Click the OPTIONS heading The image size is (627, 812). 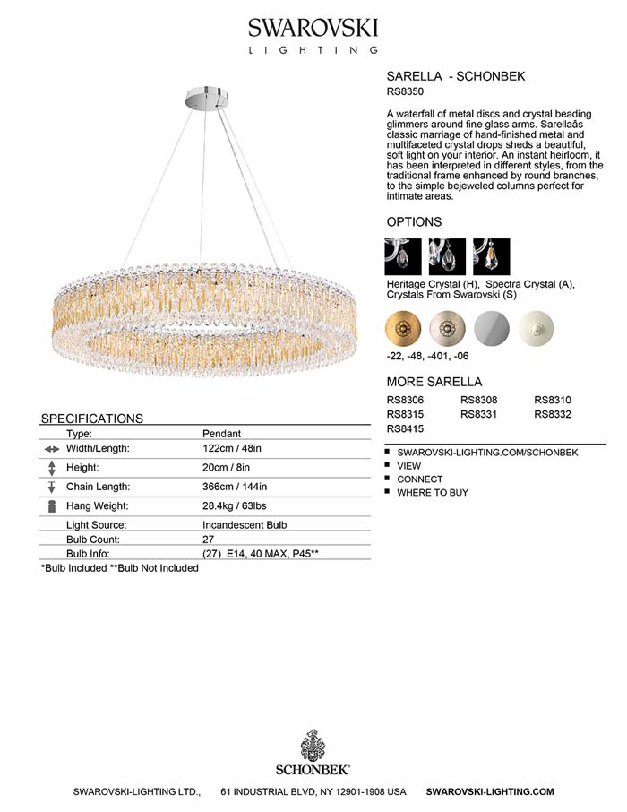point(414,221)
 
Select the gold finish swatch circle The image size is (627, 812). point(402,327)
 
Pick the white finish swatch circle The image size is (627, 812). point(537,327)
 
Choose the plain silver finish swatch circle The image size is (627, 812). point(493,327)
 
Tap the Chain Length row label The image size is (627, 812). point(99,487)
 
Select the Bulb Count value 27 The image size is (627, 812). point(209,540)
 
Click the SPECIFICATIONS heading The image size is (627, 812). point(92,419)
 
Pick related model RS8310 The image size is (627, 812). point(553,400)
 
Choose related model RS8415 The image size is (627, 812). point(405,430)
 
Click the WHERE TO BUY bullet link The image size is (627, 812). point(433,492)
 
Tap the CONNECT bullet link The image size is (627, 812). point(420,479)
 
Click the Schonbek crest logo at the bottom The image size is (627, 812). point(313,746)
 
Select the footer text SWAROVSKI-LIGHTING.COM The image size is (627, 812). point(490,792)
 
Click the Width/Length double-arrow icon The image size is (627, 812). point(51,449)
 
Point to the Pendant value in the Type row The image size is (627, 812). point(222,433)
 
